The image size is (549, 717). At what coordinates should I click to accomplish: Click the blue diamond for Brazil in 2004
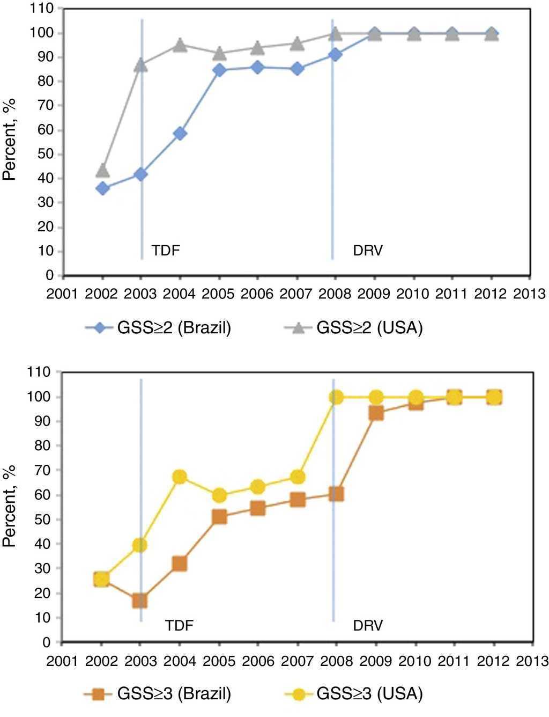coord(180,134)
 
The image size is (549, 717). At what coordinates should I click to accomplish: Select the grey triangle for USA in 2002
coord(102,171)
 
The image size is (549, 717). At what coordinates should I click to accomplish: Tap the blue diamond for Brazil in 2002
coord(102,188)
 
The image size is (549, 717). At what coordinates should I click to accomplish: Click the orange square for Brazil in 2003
coord(140,601)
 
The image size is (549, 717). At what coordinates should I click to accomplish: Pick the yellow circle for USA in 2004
coord(180,477)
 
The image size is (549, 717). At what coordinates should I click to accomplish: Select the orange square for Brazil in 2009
coord(376,413)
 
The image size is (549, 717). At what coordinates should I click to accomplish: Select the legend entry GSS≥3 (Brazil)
coord(159,694)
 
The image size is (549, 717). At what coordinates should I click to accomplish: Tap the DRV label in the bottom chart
coord(368,625)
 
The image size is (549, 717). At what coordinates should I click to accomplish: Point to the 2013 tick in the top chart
coord(530,294)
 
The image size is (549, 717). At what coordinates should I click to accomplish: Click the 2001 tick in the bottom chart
coord(63,660)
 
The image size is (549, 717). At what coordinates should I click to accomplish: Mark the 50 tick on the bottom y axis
coord(50,520)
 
